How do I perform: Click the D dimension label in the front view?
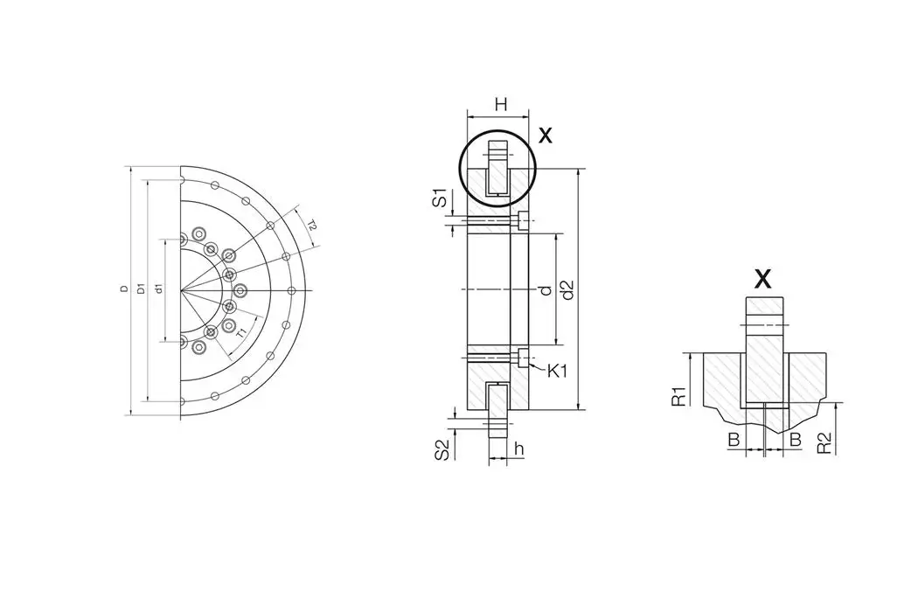125,289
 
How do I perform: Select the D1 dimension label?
141,289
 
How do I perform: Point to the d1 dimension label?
158,289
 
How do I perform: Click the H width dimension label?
500,105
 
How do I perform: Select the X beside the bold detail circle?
546,136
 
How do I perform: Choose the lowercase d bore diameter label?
545,289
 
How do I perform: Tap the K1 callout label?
558,371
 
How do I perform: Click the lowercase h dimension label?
518,449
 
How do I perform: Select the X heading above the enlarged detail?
762,279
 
